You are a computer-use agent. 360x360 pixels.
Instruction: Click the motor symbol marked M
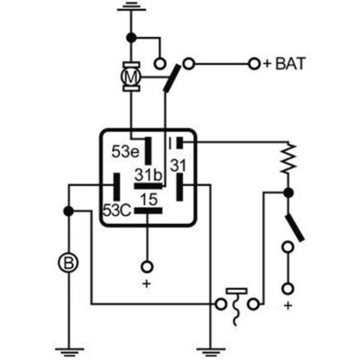coord(130,77)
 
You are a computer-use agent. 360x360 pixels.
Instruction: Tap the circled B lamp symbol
coord(68,263)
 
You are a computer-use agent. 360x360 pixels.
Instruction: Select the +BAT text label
coord(284,64)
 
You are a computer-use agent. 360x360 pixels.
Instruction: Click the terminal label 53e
coord(126,151)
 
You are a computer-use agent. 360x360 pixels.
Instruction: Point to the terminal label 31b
coord(148,175)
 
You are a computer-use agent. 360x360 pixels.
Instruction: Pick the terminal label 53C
coord(117,211)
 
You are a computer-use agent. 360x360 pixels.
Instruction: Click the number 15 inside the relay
coord(149,199)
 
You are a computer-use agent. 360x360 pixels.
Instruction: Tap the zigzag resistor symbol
coord(288,158)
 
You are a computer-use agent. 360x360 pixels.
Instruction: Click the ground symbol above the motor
coord(131,7)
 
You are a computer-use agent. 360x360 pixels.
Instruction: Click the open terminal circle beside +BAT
coord(255,64)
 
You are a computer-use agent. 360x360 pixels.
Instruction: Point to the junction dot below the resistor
coord(288,193)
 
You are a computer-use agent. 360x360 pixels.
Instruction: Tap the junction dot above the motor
coord(131,38)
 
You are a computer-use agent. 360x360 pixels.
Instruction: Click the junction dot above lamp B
coord(68,211)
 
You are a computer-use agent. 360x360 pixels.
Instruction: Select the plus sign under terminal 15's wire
coord(147,283)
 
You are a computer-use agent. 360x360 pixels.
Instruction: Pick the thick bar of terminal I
coord(180,143)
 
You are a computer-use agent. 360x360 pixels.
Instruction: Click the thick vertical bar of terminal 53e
coord(148,151)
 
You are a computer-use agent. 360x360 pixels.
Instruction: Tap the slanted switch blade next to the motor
coord(172,78)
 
